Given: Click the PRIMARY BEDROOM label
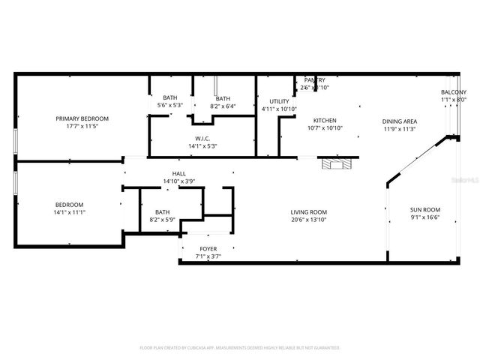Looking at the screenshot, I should point(82,118).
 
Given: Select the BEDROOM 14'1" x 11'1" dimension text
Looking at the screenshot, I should point(69,213).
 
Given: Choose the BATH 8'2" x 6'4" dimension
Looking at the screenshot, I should point(223,106).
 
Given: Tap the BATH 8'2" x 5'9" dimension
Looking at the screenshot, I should point(162,220).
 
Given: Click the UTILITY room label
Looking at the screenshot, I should point(279,100).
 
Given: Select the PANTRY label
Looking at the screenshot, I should point(314,79).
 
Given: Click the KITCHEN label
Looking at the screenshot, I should point(325,120).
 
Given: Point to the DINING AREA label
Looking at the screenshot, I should point(400,120).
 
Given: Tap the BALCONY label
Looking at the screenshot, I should point(453,92).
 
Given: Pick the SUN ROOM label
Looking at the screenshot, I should point(425,210).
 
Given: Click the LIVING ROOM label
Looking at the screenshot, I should point(309,212).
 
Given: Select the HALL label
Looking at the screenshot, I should point(179,173).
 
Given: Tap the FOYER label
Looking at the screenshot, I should point(208,248).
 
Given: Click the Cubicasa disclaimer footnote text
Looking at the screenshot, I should point(240,348).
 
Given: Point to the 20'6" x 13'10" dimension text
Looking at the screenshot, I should point(309,220).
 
